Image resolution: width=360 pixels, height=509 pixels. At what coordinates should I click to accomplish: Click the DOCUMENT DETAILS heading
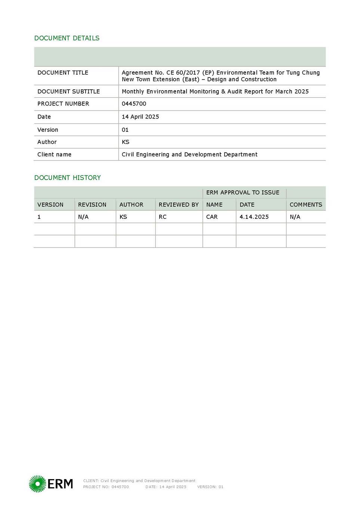(67, 38)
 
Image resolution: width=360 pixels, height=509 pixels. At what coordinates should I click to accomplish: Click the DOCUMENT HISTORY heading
(68, 178)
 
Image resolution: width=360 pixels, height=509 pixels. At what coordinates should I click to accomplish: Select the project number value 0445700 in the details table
(134, 104)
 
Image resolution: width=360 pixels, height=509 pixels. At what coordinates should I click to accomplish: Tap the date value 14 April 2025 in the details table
(140, 117)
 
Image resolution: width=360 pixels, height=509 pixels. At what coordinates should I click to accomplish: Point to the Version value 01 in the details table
(125, 130)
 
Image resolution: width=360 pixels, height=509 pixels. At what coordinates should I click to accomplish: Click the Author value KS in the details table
(126, 142)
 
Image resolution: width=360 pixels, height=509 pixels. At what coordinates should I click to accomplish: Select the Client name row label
(54, 154)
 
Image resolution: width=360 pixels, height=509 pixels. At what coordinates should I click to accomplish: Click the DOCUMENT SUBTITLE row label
(68, 91)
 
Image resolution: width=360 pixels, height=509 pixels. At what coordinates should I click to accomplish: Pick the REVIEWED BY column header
(179, 205)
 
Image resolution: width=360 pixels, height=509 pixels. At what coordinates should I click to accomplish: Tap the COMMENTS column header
(306, 205)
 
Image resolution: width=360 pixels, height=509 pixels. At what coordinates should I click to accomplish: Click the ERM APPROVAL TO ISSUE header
(243, 192)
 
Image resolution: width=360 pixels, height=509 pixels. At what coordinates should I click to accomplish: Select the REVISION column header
(92, 205)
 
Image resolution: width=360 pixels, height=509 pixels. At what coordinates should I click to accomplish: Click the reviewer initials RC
(163, 217)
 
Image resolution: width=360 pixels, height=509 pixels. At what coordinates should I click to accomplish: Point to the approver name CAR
(212, 217)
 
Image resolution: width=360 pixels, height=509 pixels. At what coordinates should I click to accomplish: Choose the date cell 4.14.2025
(254, 217)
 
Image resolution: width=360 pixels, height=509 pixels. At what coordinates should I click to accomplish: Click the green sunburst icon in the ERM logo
(37, 484)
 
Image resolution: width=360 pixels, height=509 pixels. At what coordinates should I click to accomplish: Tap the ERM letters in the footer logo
(60, 484)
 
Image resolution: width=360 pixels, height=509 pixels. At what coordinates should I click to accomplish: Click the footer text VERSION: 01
(210, 487)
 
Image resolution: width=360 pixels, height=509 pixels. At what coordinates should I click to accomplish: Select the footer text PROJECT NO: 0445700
(106, 487)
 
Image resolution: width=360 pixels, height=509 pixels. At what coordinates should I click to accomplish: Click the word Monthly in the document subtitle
(133, 91)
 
